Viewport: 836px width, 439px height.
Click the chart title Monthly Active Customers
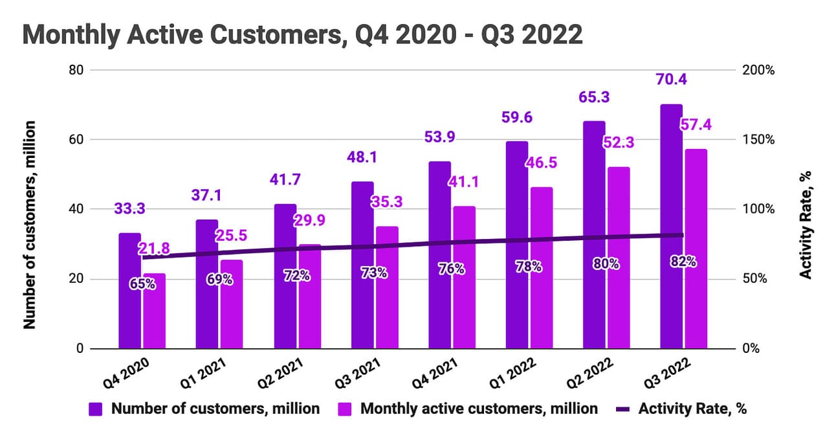(x=302, y=34)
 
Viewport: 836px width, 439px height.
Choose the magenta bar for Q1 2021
(x=232, y=304)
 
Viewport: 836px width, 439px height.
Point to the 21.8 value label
(x=154, y=248)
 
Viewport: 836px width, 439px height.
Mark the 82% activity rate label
(x=683, y=262)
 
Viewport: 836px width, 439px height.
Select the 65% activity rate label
(x=142, y=284)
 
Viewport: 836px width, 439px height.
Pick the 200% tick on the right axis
(x=762, y=70)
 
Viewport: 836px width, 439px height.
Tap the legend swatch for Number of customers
(x=96, y=409)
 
